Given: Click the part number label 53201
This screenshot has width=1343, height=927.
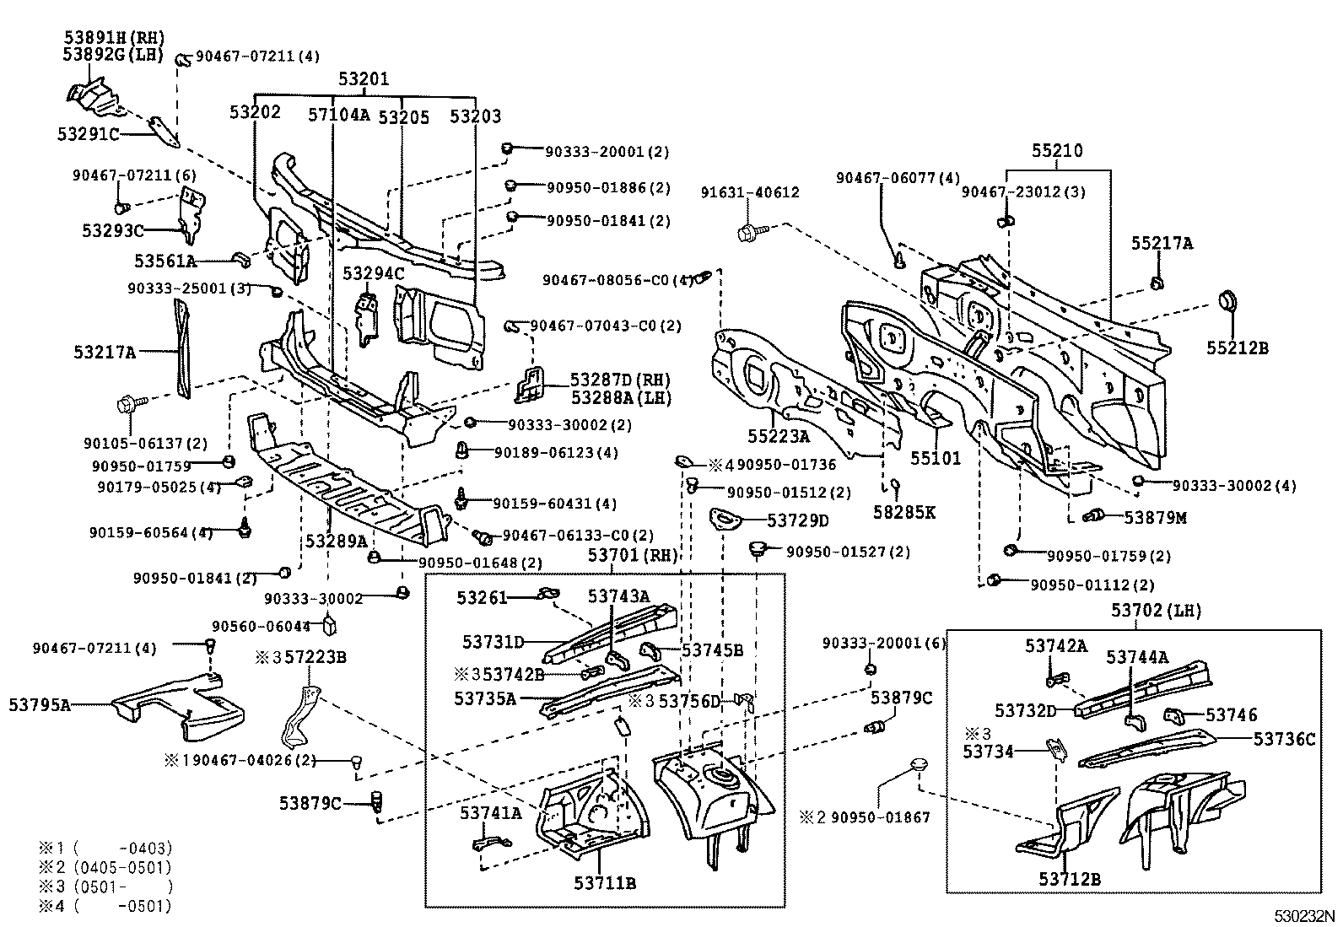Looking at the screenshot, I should coord(364,79).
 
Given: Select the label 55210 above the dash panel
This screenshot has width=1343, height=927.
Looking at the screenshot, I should coord(1057,152).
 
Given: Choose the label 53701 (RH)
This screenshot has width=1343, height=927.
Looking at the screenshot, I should coord(634,555).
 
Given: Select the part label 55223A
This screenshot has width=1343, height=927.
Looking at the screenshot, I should coord(778,436).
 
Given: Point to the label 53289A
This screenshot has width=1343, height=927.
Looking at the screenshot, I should coord(337,540).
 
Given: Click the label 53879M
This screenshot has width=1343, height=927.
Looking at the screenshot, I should coord(1155,517).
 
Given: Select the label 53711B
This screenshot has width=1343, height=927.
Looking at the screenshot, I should coord(605,883).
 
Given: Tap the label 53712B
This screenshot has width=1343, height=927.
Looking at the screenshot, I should coord(1070,879).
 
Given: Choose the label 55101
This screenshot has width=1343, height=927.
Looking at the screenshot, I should coord(935,458).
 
